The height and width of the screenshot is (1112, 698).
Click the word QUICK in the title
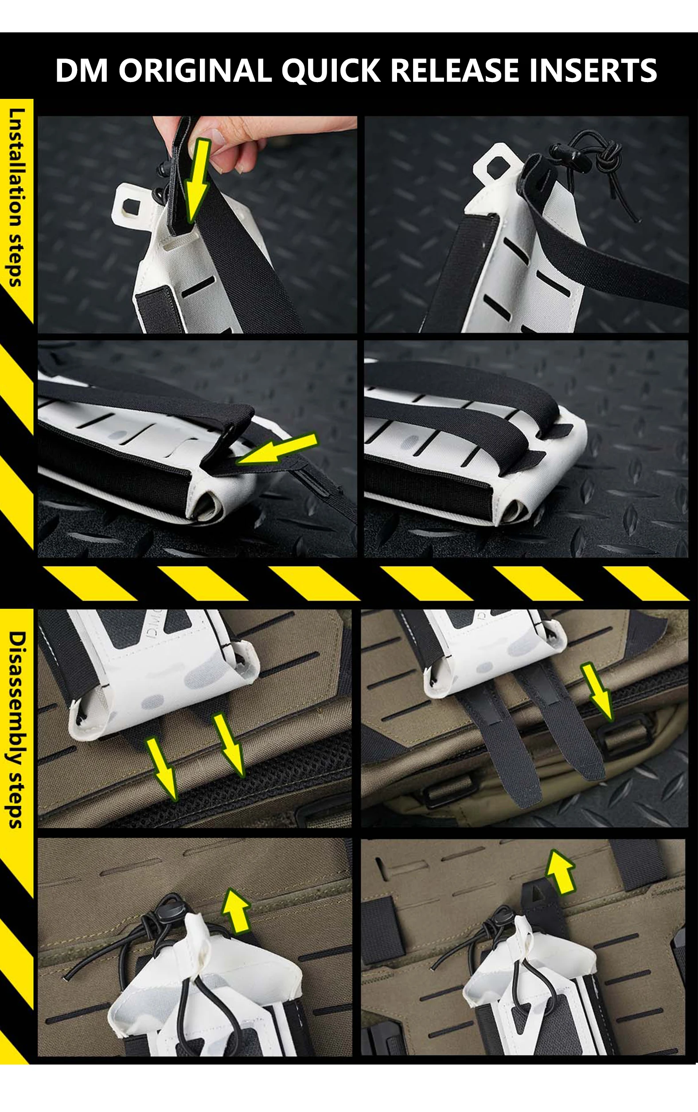pos(331,70)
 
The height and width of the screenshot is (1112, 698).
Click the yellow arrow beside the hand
pos(197,180)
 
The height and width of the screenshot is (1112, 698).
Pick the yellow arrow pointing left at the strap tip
pos(277,448)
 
